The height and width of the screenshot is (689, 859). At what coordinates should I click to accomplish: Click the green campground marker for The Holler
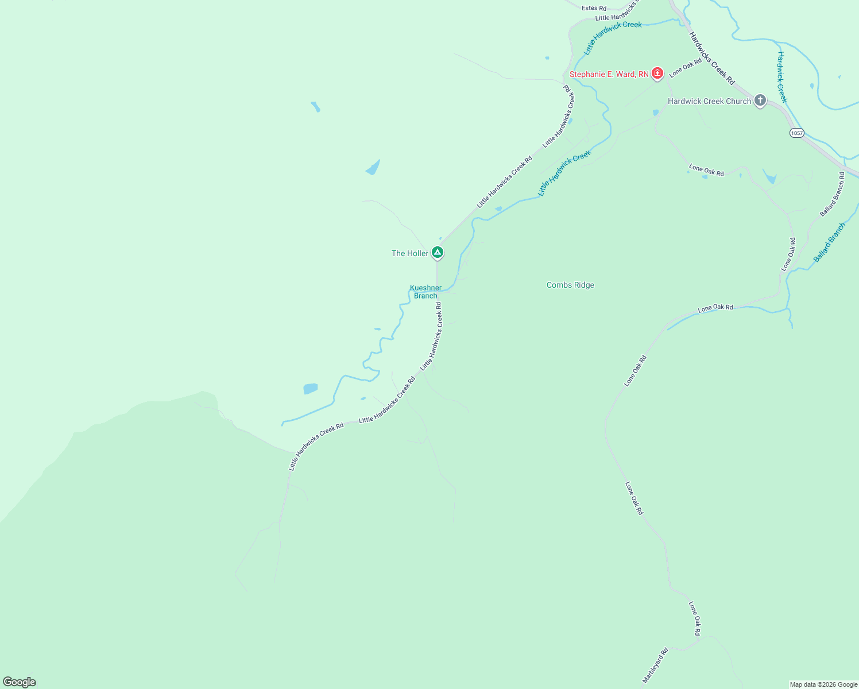pyautogui.click(x=438, y=252)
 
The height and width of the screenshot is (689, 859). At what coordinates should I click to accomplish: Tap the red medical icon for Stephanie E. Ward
pyautogui.click(x=657, y=73)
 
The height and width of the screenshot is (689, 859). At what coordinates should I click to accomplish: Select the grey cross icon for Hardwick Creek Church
pyautogui.click(x=760, y=101)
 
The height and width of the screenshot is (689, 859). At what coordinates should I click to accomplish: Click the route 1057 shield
pyautogui.click(x=796, y=133)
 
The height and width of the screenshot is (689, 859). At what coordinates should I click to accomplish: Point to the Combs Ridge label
pyautogui.click(x=570, y=285)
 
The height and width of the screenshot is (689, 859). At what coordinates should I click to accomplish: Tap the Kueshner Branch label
pyautogui.click(x=425, y=292)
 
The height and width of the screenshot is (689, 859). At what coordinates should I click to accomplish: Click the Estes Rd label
pyautogui.click(x=594, y=8)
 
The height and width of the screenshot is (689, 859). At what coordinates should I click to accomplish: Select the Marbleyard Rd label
pyautogui.click(x=655, y=665)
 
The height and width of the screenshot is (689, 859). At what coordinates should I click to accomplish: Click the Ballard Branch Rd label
pyautogui.click(x=832, y=194)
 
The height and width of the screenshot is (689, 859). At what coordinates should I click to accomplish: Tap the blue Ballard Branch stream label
pyautogui.click(x=829, y=242)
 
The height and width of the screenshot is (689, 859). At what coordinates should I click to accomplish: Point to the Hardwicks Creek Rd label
pyautogui.click(x=711, y=58)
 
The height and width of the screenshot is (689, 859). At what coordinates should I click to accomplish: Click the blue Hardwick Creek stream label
pyautogui.click(x=781, y=76)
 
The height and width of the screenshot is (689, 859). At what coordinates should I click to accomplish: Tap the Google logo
pyautogui.click(x=20, y=682)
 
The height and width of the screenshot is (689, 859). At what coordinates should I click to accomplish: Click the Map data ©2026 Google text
pyautogui.click(x=823, y=684)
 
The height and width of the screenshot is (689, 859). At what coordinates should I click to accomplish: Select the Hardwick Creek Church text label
pyautogui.click(x=709, y=101)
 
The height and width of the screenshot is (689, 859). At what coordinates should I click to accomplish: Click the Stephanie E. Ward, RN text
pyautogui.click(x=609, y=74)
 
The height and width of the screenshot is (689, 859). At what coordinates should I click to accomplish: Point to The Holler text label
pyautogui.click(x=410, y=253)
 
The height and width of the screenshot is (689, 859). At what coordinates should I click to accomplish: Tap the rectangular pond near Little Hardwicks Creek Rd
pyautogui.click(x=310, y=389)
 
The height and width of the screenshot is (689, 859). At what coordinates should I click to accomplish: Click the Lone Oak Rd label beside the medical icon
pyautogui.click(x=686, y=68)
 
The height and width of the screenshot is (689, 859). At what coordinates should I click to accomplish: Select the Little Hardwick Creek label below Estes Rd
pyautogui.click(x=613, y=38)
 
